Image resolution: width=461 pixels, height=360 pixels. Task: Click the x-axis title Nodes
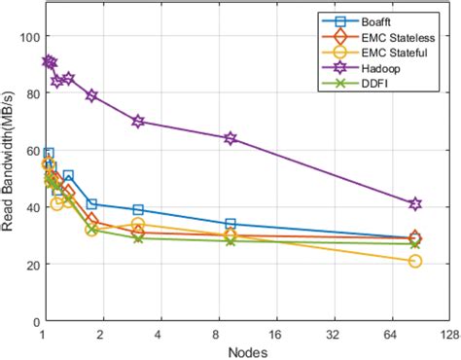[x=247, y=351]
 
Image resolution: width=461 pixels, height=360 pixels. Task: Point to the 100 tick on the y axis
[x=26, y=37]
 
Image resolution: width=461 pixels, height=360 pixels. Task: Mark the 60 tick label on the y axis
[x=29, y=151]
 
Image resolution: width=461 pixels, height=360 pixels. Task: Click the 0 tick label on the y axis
[x=33, y=321]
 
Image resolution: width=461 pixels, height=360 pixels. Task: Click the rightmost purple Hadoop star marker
[x=415, y=204]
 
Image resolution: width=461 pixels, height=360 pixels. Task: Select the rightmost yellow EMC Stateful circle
[x=415, y=261]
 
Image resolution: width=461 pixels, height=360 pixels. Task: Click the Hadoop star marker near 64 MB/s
[x=230, y=139]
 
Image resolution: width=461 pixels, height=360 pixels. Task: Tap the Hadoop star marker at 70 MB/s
[x=138, y=122]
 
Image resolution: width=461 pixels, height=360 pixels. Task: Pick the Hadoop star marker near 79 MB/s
[x=91, y=96]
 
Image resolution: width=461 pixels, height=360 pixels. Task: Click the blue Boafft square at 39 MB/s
[x=138, y=210]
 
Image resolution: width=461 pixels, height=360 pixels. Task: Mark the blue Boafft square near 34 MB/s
[x=230, y=224]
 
